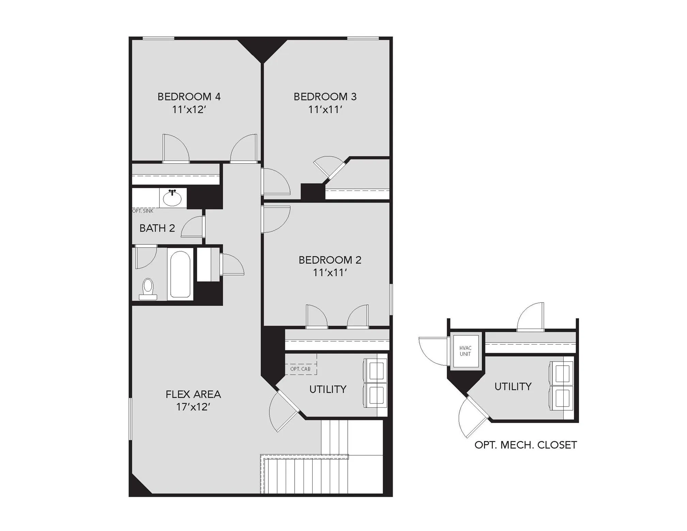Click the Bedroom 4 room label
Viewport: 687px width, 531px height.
tap(189, 97)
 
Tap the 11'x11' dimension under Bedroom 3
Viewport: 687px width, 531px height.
tap(325, 109)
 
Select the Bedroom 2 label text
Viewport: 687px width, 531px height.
tap(330, 260)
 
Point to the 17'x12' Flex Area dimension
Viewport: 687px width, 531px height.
tap(193, 407)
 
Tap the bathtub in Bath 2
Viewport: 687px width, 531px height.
tap(180, 274)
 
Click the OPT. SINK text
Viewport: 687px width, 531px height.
tap(143, 211)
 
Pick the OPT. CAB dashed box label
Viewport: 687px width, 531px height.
tap(300, 369)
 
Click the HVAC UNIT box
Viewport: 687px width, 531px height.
tap(466, 351)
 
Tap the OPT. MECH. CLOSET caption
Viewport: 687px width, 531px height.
tap(526, 445)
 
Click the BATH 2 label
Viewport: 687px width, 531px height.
tap(157, 228)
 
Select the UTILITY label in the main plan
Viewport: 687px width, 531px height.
tap(328, 389)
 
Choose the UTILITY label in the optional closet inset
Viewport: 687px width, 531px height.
tap(513, 386)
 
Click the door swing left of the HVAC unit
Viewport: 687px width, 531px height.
tap(433, 351)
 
